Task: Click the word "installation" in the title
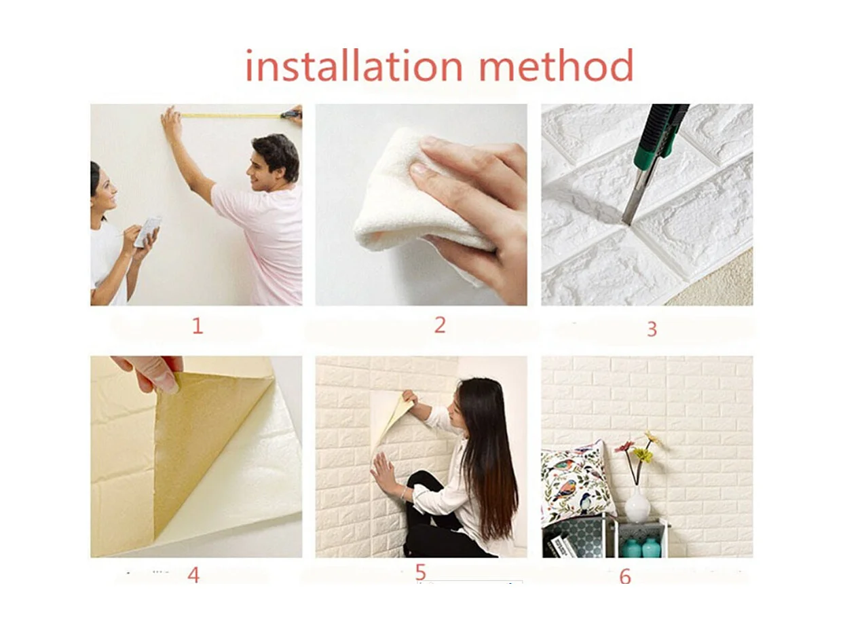[x=354, y=67]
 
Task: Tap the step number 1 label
[x=197, y=326]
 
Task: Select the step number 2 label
[x=440, y=325]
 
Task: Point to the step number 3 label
[x=652, y=329]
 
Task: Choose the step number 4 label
[x=193, y=575]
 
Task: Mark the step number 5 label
[x=420, y=572]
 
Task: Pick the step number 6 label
[x=625, y=576]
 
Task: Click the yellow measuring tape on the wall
[x=231, y=116]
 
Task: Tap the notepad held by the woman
[x=148, y=231]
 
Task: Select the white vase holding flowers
[x=637, y=506]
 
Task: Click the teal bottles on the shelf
[x=641, y=547]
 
